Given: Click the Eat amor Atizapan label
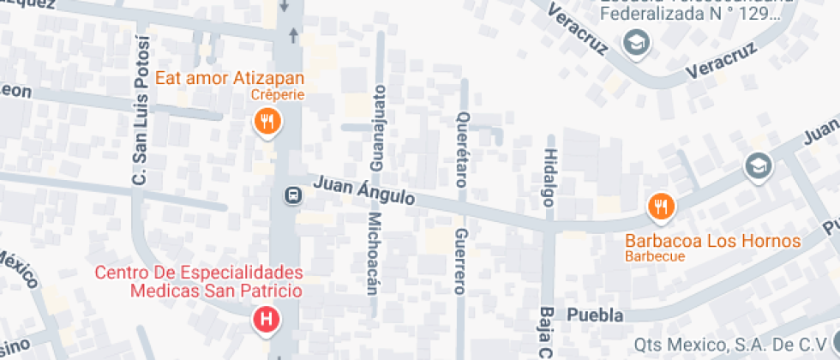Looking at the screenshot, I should point(230,79).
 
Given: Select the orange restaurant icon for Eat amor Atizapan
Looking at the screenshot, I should point(267,123).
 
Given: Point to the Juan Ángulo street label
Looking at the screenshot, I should point(363,191).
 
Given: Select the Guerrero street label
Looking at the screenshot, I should point(460,261).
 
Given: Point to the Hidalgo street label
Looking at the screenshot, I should point(549,177).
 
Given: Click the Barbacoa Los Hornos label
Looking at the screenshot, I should point(712,241).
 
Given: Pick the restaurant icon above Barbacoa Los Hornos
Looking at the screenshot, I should point(662,206).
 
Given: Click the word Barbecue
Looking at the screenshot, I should point(655,256).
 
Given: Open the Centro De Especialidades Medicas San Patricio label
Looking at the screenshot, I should point(199,282).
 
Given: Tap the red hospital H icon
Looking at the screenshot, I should point(267,321).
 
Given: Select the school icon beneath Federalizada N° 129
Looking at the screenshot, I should point(635,41).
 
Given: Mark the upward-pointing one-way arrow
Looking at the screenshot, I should point(293,34).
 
